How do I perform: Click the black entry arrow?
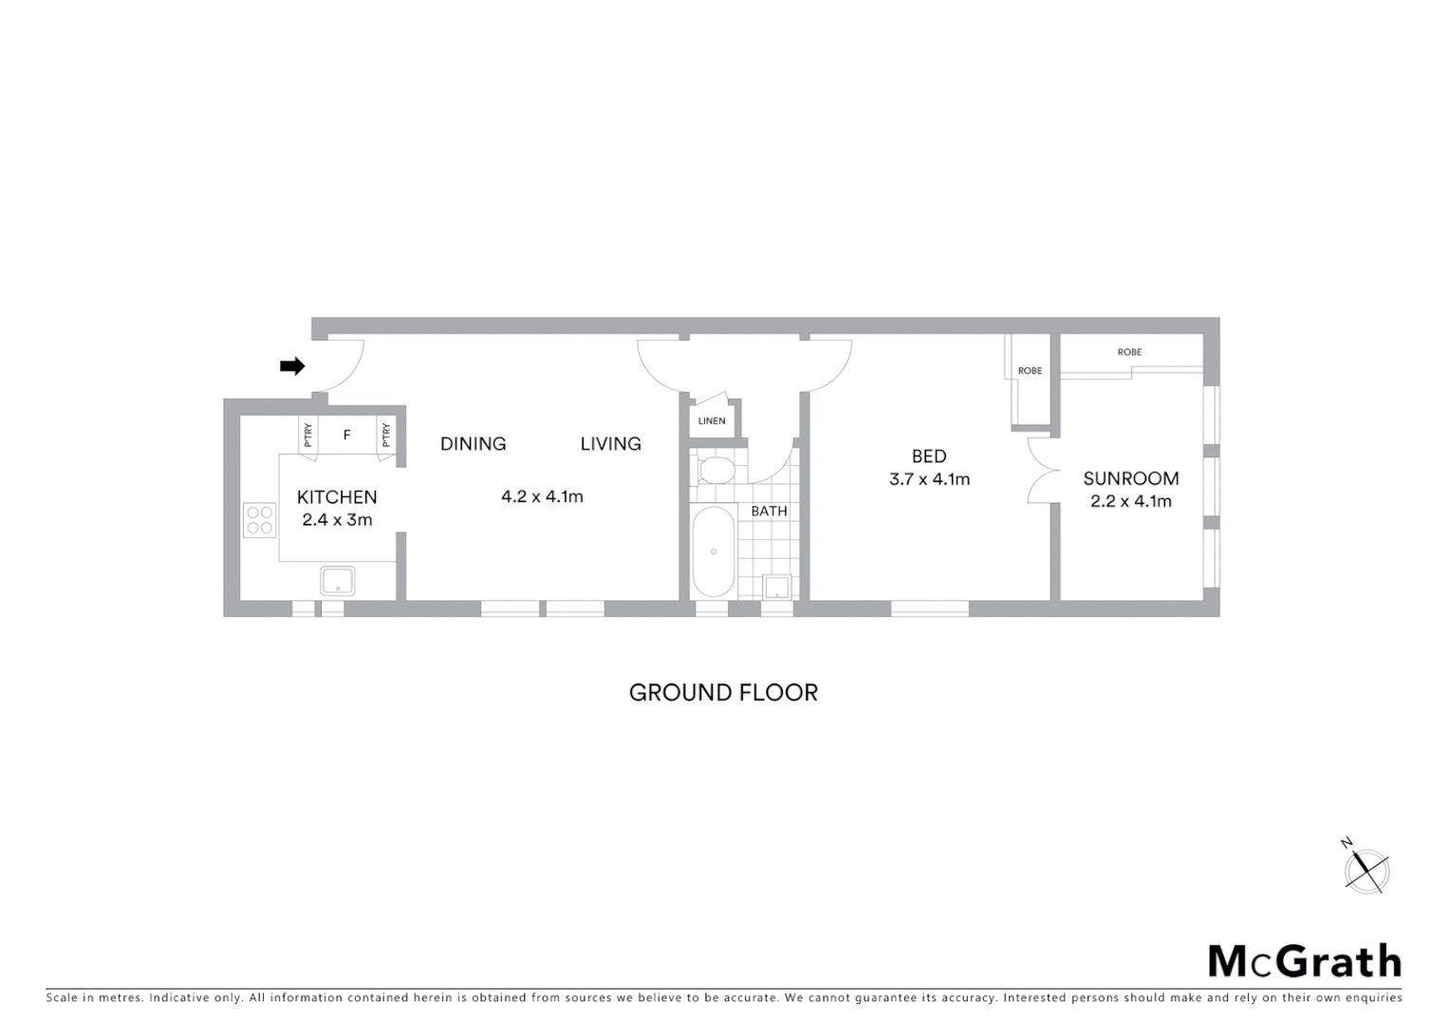292,365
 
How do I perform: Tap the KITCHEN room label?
337,497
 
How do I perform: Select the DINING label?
473,443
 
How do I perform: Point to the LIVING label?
610,443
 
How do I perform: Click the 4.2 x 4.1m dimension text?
542,495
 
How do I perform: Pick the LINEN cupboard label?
712,420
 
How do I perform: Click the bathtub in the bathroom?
714,551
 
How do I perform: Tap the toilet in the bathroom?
715,470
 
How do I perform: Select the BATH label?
769,511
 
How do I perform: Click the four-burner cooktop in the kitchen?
260,520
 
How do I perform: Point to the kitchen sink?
337,580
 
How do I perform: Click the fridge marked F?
347,435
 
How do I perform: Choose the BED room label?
929,457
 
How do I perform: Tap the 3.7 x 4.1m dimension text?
929,479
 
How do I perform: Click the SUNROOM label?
1131,478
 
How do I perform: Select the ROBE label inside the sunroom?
1129,352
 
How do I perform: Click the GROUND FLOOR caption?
723,693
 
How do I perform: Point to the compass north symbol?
1366,868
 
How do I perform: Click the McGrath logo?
1304,961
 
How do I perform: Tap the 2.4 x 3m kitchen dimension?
337,520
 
